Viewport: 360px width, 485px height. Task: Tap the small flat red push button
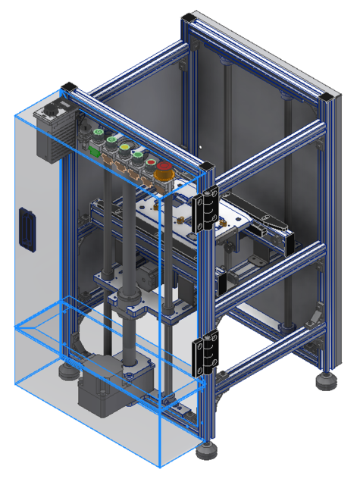tap(152, 161)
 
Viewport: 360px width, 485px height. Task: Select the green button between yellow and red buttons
tap(137, 154)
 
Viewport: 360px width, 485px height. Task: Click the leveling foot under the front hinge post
tap(205, 452)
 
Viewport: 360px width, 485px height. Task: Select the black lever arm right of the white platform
tap(269, 223)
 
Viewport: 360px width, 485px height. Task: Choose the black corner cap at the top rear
tap(188, 17)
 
